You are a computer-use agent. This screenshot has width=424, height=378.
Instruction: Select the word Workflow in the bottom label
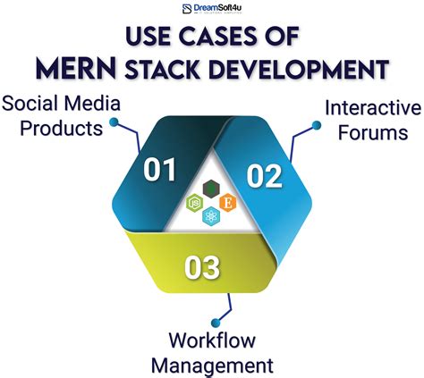(212, 340)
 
